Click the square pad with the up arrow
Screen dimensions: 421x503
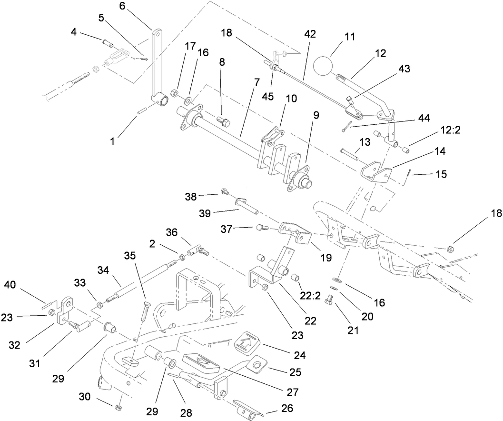(247, 341)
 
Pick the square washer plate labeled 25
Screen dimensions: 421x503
(257, 365)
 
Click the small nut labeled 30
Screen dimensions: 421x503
(118, 407)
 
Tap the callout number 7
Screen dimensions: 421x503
(256, 82)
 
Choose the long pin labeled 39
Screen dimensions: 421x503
(246, 207)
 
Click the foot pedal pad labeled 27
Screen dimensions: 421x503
(201, 361)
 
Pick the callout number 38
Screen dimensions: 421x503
(191, 196)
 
